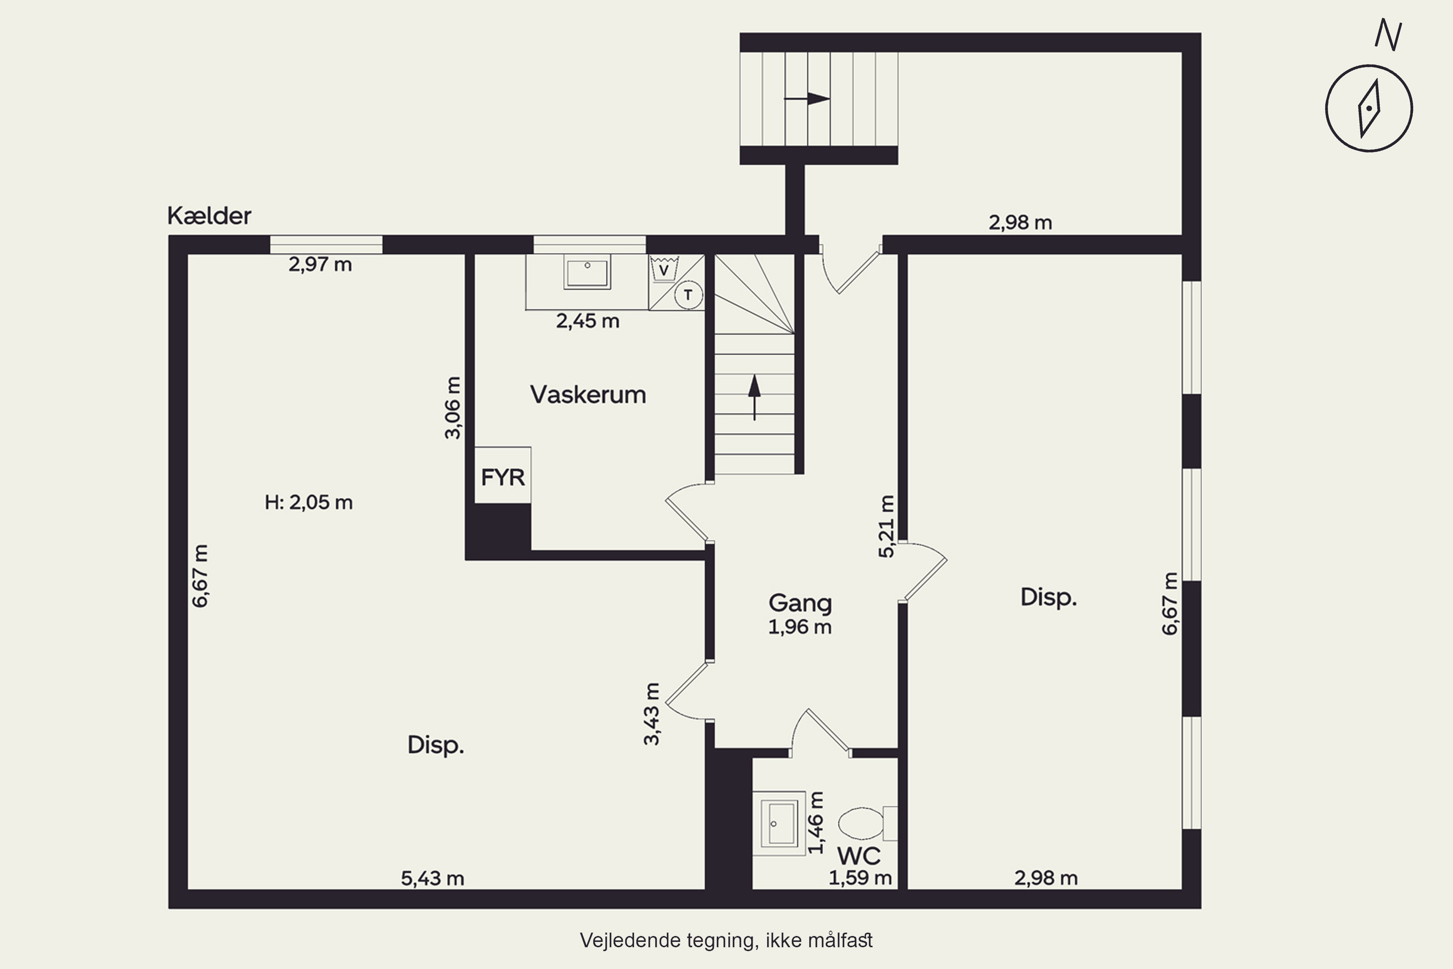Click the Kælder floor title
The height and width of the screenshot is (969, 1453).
click(x=209, y=216)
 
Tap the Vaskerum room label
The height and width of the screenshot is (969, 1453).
click(x=588, y=394)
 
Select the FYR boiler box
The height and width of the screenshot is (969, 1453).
click(x=503, y=475)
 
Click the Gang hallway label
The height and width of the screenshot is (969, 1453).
click(x=800, y=603)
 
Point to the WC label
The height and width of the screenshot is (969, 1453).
click(x=859, y=856)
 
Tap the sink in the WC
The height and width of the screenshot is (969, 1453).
click(x=779, y=823)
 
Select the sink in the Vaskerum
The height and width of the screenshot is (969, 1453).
click(x=587, y=272)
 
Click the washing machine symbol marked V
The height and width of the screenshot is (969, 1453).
click(x=664, y=269)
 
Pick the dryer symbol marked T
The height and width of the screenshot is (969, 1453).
click(x=688, y=295)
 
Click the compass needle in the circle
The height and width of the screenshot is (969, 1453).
click(x=1370, y=108)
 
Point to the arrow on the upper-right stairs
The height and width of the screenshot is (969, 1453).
click(x=807, y=98)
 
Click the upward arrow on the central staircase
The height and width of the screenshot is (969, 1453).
click(x=754, y=397)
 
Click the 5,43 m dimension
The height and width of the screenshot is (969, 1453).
click(x=433, y=878)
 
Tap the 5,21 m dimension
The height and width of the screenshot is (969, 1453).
click(x=886, y=527)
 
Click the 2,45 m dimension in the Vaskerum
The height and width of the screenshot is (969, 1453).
click(x=587, y=321)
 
